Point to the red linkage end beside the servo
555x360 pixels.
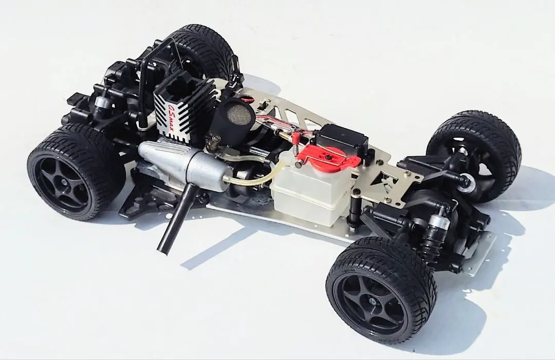pos(297,138)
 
